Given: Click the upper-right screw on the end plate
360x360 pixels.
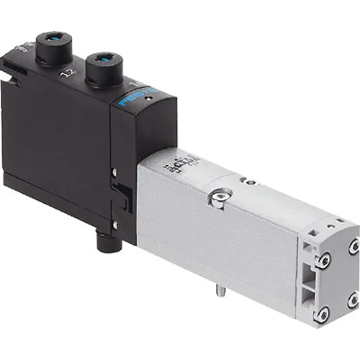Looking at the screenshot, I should pyautogui.click(x=354, y=246).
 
